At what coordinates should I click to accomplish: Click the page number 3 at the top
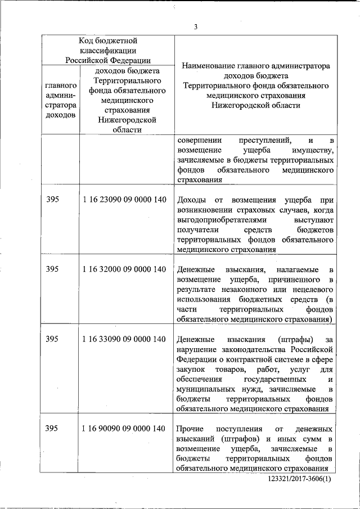(195, 27)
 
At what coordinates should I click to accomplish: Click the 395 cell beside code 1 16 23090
(52, 200)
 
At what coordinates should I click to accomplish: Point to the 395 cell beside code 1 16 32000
(52, 269)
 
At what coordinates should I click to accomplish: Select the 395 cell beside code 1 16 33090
(52, 339)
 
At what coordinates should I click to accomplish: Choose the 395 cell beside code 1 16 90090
(52, 429)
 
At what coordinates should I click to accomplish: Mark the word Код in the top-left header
(87, 40)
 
